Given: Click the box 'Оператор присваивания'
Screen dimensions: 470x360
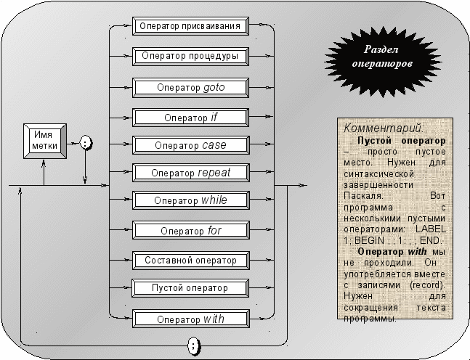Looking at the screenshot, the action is [190, 26].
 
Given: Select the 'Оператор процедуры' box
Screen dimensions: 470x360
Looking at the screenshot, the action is [190, 56].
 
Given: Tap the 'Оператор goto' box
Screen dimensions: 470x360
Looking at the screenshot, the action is [190, 88].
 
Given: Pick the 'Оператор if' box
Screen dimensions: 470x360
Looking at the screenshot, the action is [190, 118].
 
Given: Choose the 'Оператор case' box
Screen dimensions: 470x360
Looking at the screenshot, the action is [190, 145].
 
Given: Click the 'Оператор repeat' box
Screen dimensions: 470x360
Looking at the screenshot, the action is [190, 173].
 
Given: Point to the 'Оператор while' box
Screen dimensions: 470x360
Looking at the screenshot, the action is [190, 200].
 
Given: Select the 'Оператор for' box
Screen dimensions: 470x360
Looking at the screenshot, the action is [190, 230].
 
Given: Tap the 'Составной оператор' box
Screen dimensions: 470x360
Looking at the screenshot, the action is [190, 261].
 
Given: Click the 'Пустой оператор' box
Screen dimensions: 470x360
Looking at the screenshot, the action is [190, 288].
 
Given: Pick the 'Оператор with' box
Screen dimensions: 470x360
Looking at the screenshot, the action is [190, 319].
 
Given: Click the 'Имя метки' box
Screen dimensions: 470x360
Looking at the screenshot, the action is [45, 141].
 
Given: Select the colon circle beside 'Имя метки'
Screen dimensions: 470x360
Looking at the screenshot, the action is [86, 142].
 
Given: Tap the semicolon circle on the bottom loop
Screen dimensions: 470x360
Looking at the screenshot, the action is [194, 346].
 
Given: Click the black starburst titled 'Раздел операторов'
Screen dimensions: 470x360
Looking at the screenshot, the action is [382, 62].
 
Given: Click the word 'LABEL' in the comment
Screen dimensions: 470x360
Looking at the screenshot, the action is [431, 229].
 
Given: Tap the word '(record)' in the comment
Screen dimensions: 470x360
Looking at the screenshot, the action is [427, 285].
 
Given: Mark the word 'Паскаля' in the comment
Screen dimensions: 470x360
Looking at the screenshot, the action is [363, 196].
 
